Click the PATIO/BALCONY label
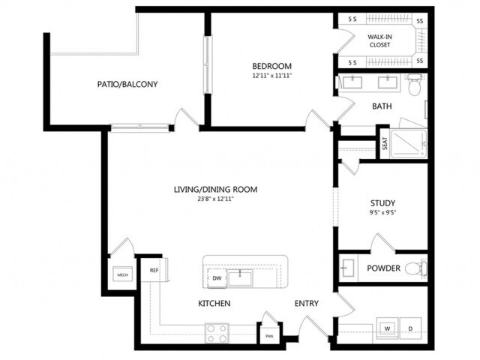(x=127, y=84)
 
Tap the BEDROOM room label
(x=271, y=66)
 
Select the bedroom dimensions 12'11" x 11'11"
(x=271, y=76)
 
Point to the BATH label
(x=382, y=106)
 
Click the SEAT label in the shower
(x=385, y=143)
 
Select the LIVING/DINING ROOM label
(x=216, y=190)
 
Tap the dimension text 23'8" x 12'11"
(x=216, y=199)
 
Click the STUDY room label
(x=382, y=203)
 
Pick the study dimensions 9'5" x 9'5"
(x=382, y=213)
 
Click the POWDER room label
(x=382, y=268)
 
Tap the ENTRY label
(x=306, y=303)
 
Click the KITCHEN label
(x=214, y=303)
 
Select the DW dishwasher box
(x=216, y=277)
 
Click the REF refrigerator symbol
(x=154, y=269)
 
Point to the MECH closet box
(x=121, y=275)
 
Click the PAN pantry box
(x=268, y=335)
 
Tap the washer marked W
(x=388, y=328)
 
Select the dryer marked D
(x=410, y=328)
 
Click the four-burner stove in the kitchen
(x=217, y=333)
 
